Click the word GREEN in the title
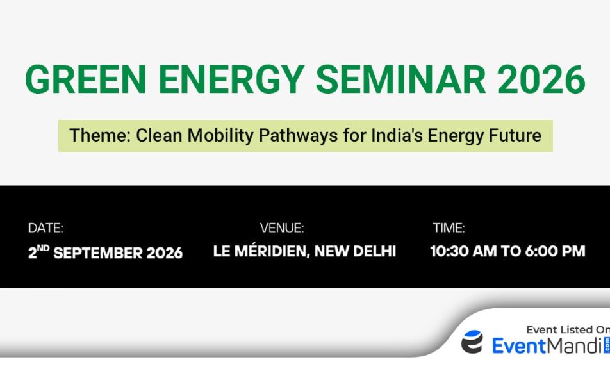pyautogui.click(x=86, y=79)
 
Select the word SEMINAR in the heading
pyautogui.click(x=400, y=79)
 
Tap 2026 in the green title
pyautogui.click(x=541, y=79)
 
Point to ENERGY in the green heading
pyautogui.click(x=231, y=79)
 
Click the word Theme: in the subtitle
pyautogui.click(x=100, y=135)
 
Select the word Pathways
pyautogui.click(x=298, y=136)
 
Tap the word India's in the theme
pyautogui.click(x=397, y=135)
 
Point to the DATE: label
pyautogui.click(x=45, y=228)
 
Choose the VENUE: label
pyautogui.click(x=282, y=228)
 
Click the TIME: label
pyautogui.click(x=449, y=228)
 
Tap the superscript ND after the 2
pyautogui.click(x=43, y=248)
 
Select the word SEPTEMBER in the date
pyautogui.click(x=99, y=253)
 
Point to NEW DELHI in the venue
pyautogui.click(x=355, y=251)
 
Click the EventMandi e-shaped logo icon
pyautogui.click(x=472, y=342)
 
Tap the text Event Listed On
pyautogui.click(x=568, y=330)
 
